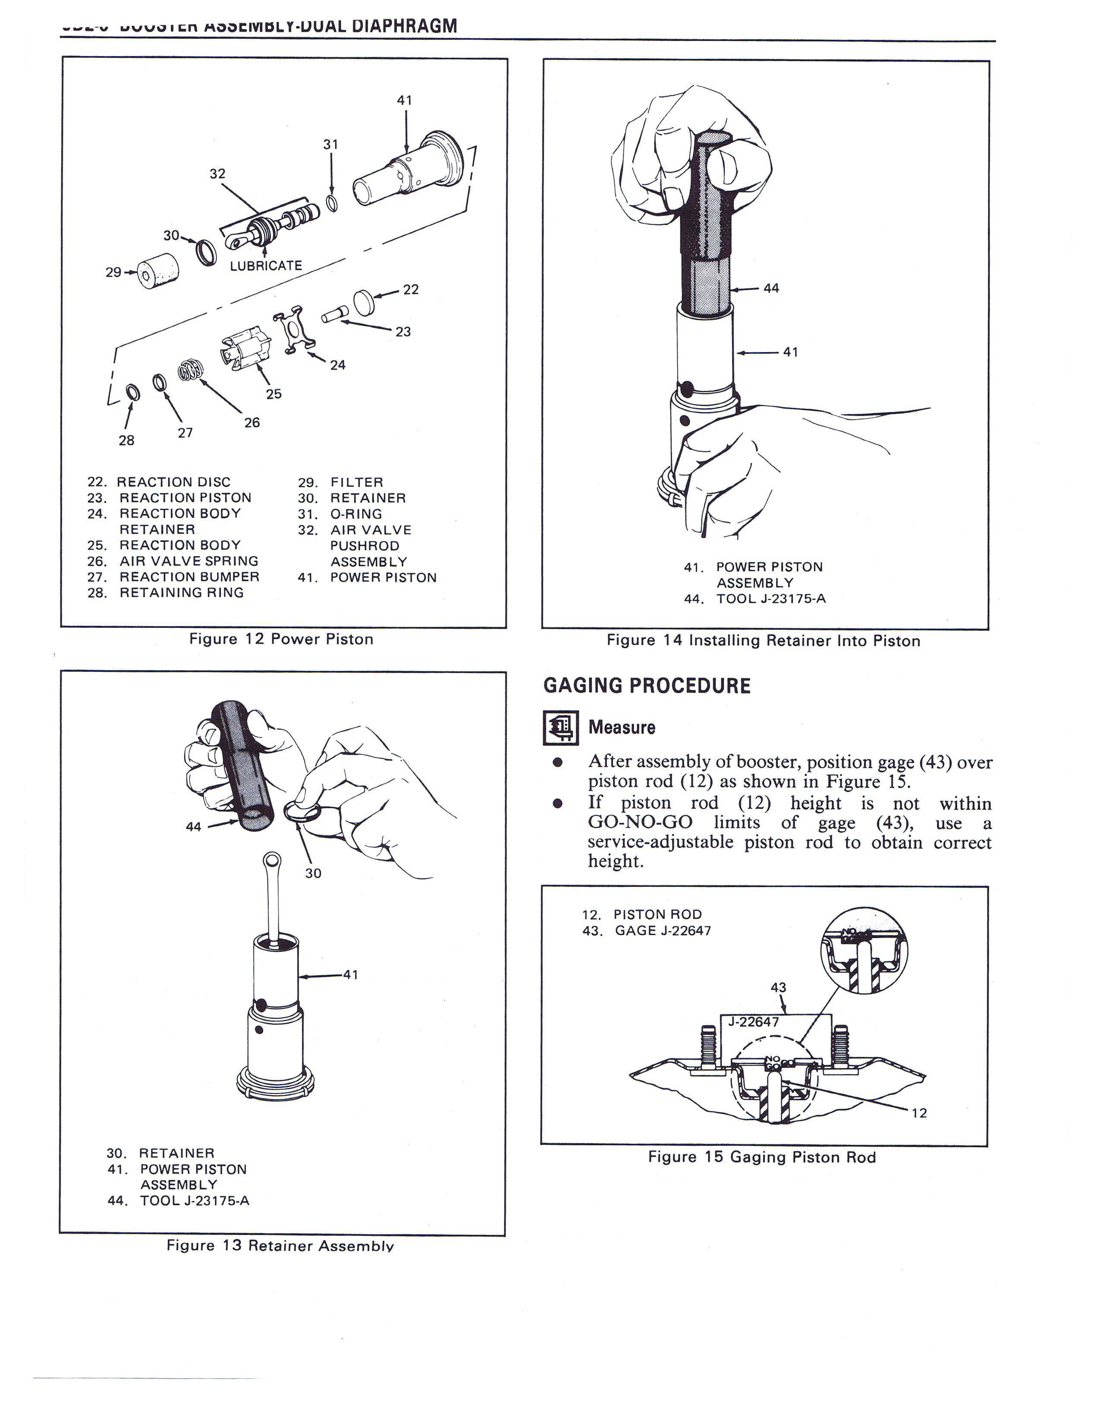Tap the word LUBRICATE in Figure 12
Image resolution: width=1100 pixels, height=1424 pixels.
pyautogui.click(x=266, y=265)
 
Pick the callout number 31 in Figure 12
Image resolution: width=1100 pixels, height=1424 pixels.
pyautogui.click(x=331, y=144)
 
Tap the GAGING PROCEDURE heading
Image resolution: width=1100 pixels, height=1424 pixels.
pyautogui.click(x=647, y=686)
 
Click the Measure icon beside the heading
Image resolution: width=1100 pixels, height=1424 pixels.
pyautogui.click(x=560, y=728)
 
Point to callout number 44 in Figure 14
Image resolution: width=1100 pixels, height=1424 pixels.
pyautogui.click(x=771, y=288)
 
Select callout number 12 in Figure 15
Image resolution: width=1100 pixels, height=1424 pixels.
pyautogui.click(x=919, y=1113)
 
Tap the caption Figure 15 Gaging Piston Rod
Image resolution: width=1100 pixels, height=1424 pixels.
pyautogui.click(x=762, y=1157)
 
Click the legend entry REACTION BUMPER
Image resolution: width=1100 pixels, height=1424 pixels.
pyautogui.click(x=173, y=577)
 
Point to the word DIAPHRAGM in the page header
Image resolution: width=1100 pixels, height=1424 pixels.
pyautogui.click(x=404, y=25)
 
